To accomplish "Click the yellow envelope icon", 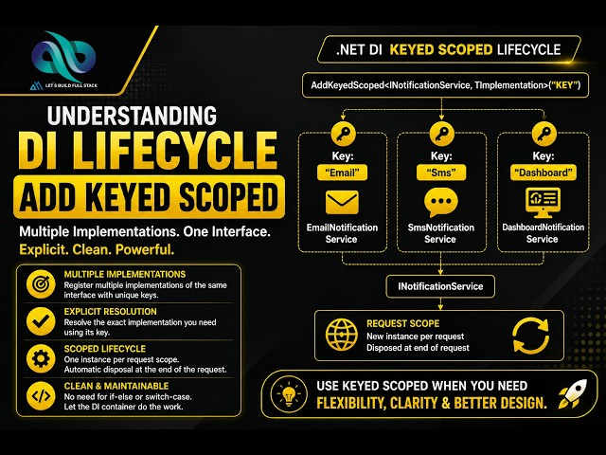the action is tap(342, 202).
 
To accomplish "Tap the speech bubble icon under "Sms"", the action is tap(441, 202).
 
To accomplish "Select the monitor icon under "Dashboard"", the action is tap(543, 203).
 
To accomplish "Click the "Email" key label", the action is tap(342, 173).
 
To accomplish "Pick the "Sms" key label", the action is tap(441, 173).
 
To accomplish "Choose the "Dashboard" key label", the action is tap(544, 173).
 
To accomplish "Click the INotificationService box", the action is tap(440, 286).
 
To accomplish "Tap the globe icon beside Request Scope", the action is tap(341, 335).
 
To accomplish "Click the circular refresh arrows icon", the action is tap(530, 336).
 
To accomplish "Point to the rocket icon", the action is tap(572, 394).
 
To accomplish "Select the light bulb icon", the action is tap(289, 395).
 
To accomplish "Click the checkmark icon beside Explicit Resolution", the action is tap(41, 321).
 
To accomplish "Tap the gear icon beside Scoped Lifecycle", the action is tap(41, 358).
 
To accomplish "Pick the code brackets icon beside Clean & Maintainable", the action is tap(41, 396).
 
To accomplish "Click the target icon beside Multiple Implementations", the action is tap(41, 284).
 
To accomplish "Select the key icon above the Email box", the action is tap(343, 135).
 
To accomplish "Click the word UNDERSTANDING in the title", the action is tap(132, 116).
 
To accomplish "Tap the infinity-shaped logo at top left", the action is tap(63, 56).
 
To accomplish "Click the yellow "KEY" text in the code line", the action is tap(564, 85).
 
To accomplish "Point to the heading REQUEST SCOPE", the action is tap(403, 323).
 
